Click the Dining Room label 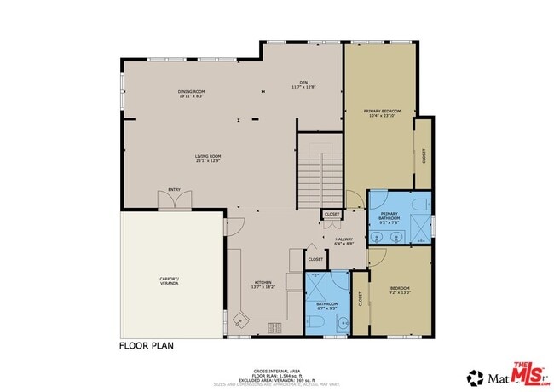[190, 94]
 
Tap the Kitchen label [263, 285]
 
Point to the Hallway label [343, 241]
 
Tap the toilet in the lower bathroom [314, 325]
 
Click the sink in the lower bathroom [341, 323]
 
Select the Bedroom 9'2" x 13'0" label [400, 290]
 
